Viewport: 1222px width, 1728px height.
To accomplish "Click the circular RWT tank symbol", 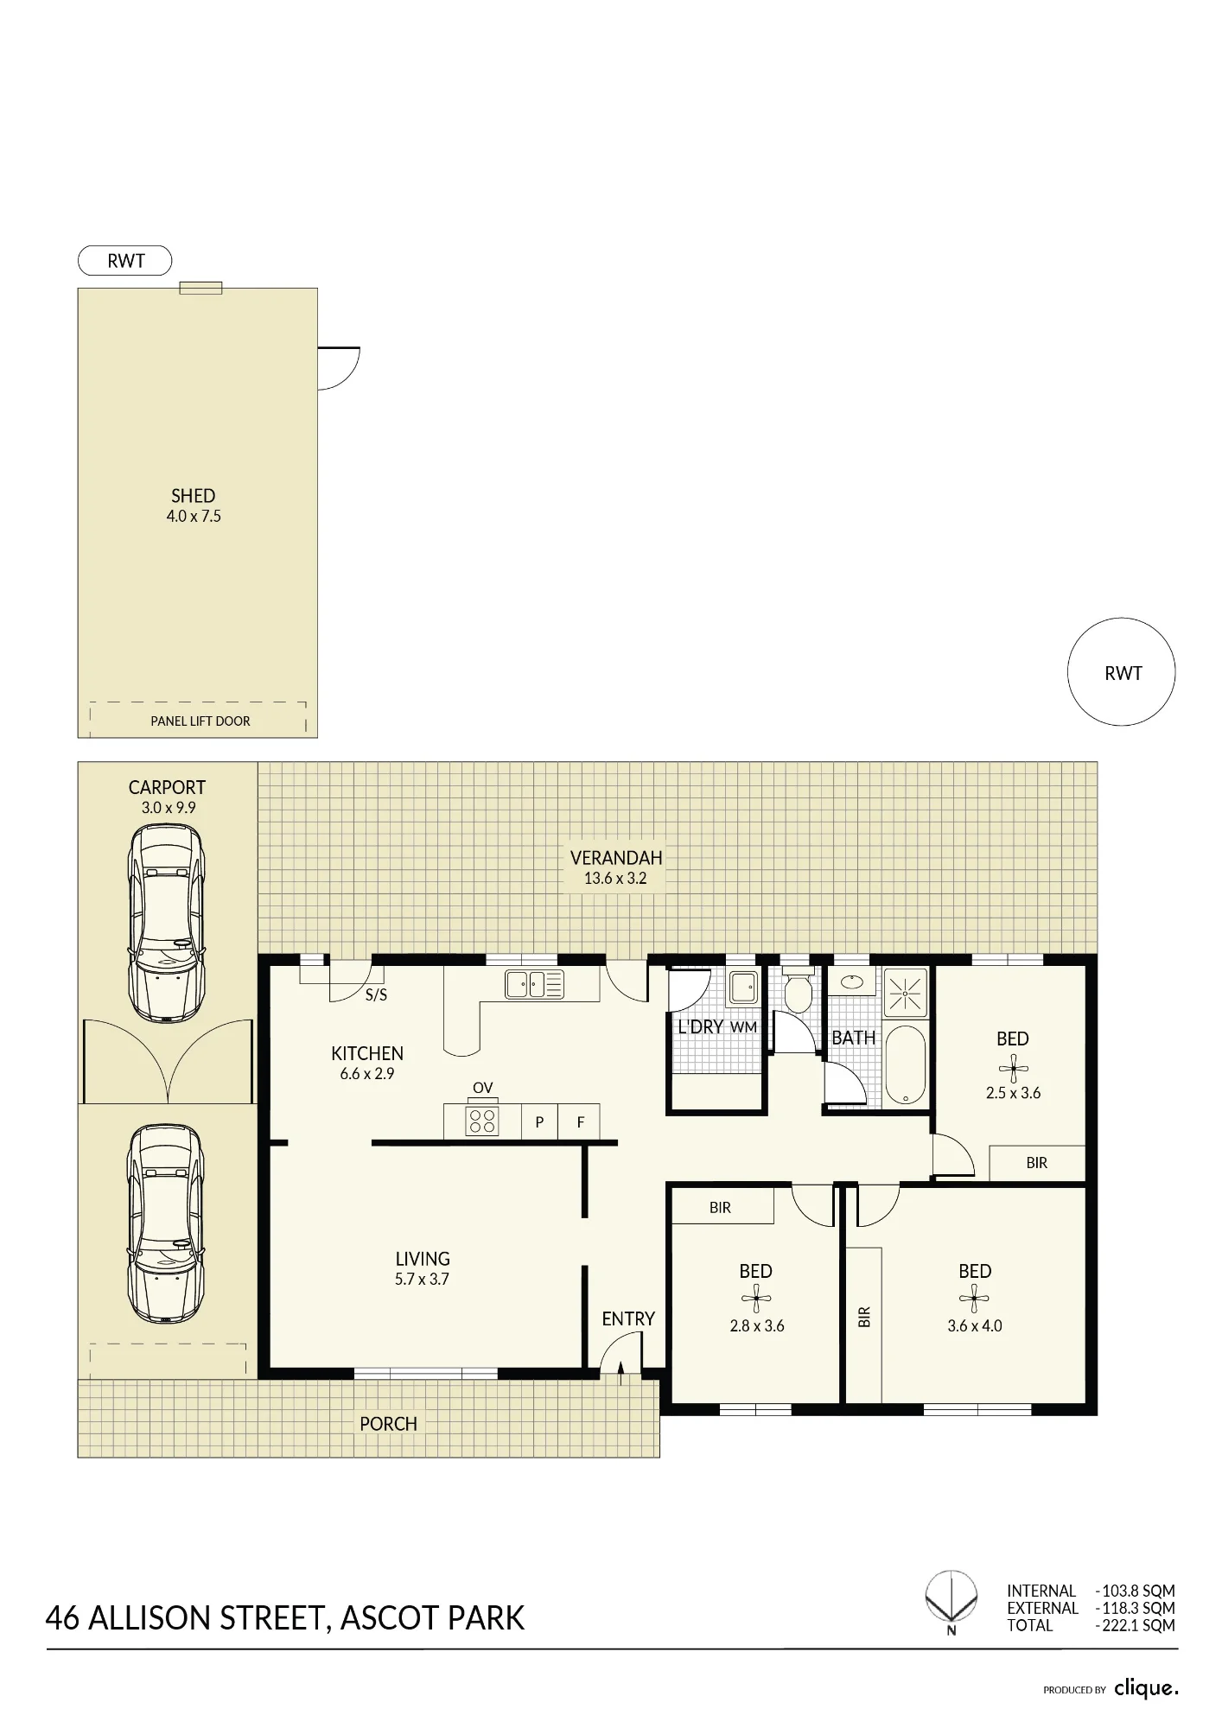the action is click(x=1121, y=672).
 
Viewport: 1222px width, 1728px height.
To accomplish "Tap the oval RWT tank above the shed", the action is click(x=125, y=261).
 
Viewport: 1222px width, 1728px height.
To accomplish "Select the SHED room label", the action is click(x=194, y=496).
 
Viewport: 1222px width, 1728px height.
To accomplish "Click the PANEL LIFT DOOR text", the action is click(x=200, y=721).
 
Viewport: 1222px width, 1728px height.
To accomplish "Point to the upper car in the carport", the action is click(x=167, y=923).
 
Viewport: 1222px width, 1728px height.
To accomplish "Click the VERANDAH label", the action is click(x=616, y=858).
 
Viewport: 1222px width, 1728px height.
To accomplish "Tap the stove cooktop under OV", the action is click(x=482, y=1121).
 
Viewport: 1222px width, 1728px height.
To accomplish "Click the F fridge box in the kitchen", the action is click(x=580, y=1121).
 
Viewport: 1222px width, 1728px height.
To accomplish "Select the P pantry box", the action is click(x=539, y=1121).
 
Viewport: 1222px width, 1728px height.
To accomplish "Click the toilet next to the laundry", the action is click(x=797, y=992).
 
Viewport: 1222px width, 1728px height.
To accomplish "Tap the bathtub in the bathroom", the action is click(x=905, y=1064).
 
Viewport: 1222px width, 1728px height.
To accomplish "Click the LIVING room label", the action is click(x=423, y=1259).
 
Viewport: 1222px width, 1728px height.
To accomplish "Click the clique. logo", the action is click(x=1146, y=1687).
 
